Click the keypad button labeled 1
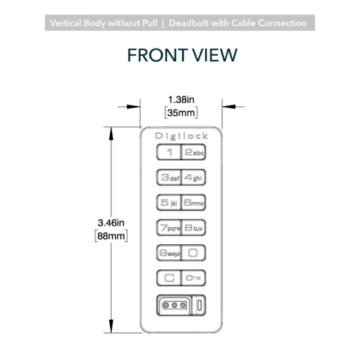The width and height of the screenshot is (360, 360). pos(169,152)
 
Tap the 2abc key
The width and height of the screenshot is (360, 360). pos(193,152)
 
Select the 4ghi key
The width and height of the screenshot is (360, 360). pos(193,177)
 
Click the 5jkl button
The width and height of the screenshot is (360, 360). pos(169,203)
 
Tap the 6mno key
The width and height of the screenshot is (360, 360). pos(193,203)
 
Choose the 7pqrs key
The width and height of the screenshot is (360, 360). pos(169,227)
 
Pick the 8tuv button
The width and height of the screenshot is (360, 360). pos(193,227)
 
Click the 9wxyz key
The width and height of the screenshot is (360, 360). pos(169,253)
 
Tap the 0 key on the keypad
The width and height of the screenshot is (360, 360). pos(193,253)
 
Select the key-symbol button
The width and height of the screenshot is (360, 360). pos(193,278)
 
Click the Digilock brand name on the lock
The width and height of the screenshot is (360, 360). pos(181,136)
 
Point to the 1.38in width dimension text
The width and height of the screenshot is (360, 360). pos(181,100)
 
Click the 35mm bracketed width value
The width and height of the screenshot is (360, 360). pos(181,113)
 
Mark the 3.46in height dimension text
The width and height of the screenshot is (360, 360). pos(111,223)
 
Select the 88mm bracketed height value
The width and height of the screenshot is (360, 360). pos(111,236)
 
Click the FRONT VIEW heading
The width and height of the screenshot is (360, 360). pos(182,55)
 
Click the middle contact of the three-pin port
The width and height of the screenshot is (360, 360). pos(175,305)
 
